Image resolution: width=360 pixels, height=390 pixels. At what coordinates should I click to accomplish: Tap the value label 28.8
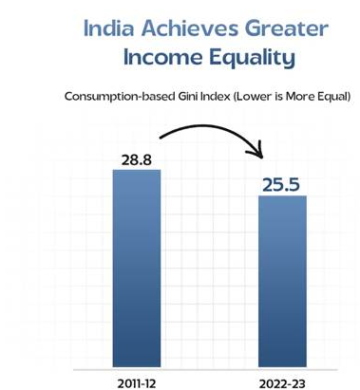(137, 159)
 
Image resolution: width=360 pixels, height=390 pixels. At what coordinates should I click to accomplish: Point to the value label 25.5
(282, 183)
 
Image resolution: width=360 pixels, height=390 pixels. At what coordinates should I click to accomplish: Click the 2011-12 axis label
(137, 381)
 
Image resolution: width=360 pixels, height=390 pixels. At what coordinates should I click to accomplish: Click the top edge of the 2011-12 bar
(136, 171)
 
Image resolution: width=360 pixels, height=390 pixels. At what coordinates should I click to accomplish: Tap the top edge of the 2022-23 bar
(283, 196)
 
